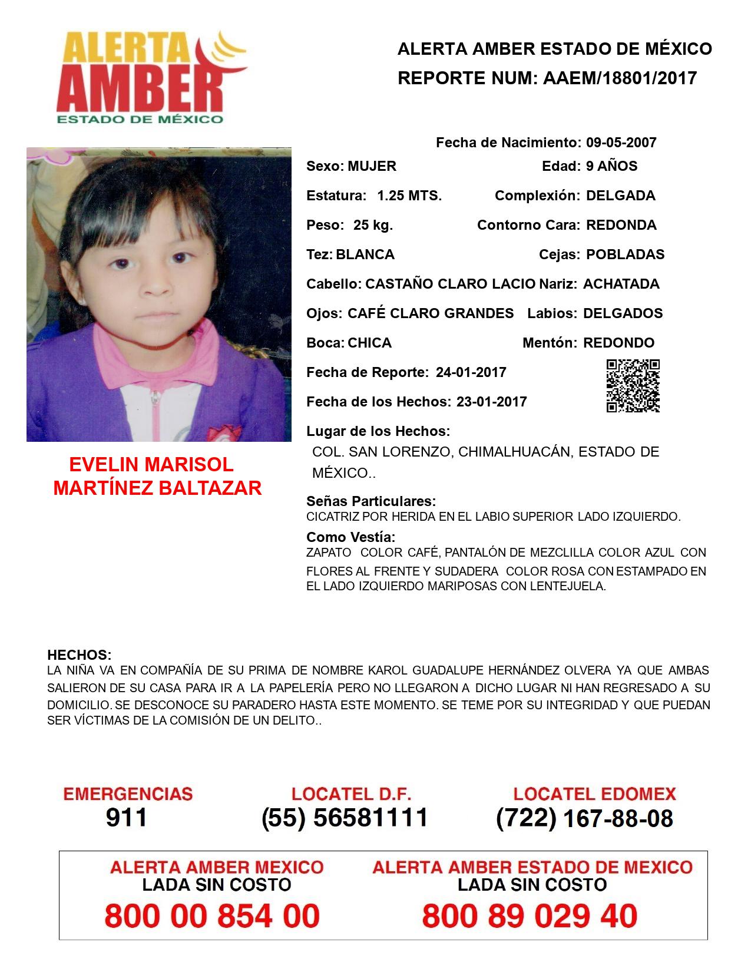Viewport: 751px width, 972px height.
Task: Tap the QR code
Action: click(633, 386)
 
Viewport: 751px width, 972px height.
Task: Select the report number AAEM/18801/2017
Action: click(620, 78)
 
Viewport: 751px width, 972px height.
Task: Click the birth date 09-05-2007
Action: click(621, 143)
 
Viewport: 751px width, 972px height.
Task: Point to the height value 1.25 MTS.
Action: click(409, 196)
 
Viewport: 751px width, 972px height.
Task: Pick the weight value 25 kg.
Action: click(373, 225)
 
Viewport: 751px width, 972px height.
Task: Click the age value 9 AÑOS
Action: click(611, 166)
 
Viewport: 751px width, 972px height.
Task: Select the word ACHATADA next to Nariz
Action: click(621, 284)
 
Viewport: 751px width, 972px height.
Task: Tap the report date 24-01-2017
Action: click(471, 372)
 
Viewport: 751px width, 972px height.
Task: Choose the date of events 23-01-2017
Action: click(491, 402)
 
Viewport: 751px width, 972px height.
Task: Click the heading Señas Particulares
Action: click(371, 501)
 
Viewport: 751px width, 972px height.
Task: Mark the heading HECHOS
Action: click(79, 655)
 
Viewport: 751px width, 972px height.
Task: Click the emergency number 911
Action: click(127, 818)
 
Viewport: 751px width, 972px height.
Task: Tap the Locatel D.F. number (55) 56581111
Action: click(345, 818)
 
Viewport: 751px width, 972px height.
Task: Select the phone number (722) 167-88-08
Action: click(584, 818)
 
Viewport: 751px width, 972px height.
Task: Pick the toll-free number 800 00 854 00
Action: click(212, 916)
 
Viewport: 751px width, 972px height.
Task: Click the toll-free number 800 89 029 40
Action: click(530, 916)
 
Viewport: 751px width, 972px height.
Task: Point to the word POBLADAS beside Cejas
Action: click(625, 254)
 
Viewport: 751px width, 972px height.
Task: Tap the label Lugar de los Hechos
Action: click(378, 431)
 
